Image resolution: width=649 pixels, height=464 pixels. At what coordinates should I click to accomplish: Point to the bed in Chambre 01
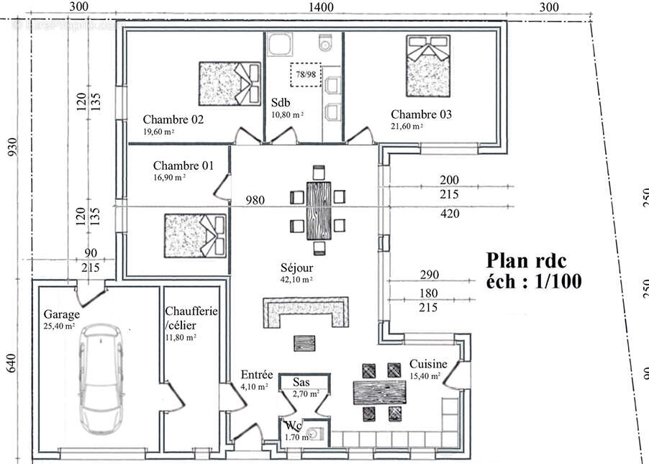coord(192,235)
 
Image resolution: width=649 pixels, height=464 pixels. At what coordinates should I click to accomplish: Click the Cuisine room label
coord(428,364)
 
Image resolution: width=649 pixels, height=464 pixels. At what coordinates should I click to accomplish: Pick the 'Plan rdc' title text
coord(527,259)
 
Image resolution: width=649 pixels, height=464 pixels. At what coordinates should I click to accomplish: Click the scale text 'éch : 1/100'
coord(534,281)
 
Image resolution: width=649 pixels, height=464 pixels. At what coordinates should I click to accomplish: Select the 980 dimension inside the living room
coord(256,199)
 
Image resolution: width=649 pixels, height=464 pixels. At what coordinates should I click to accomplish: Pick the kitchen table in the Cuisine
coord(380,393)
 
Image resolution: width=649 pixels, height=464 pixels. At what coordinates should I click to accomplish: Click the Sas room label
coord(301,383)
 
